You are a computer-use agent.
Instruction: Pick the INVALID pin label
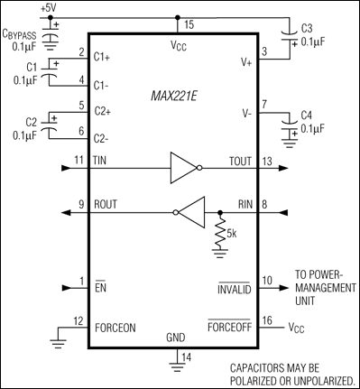coord(237,289)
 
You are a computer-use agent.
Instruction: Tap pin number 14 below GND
coord(186,357)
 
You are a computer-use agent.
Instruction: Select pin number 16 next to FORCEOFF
coord(267,321)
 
